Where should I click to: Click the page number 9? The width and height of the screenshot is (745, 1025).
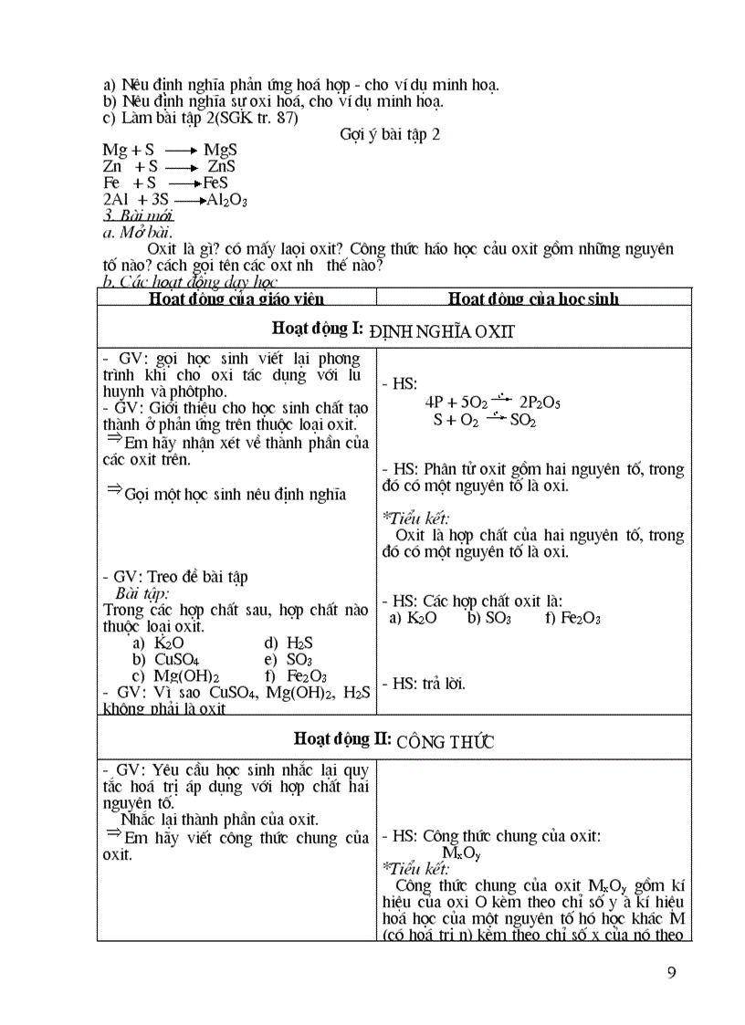pos(672,972)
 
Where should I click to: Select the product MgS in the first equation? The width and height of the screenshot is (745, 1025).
pos(220,151)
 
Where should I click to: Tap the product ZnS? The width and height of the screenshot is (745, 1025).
pos(221,167)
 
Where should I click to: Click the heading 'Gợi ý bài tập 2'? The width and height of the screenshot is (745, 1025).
pos(390,134)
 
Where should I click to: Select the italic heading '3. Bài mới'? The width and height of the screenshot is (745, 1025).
pos(138,216)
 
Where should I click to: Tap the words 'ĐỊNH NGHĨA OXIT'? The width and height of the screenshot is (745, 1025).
pos(445,331)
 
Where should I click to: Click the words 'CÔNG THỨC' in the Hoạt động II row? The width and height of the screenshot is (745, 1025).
pos(446,741)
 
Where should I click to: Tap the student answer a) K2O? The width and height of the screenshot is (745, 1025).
pos(414,618)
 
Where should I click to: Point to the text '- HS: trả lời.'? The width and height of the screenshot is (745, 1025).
pos(424,683)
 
